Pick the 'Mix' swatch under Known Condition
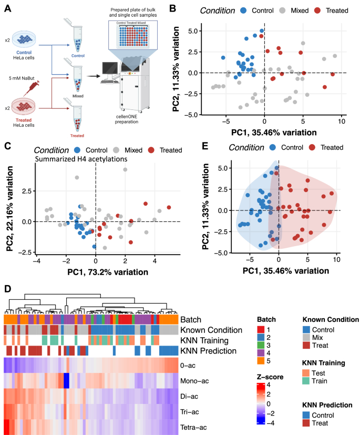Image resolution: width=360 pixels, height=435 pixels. click(307, 337)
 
